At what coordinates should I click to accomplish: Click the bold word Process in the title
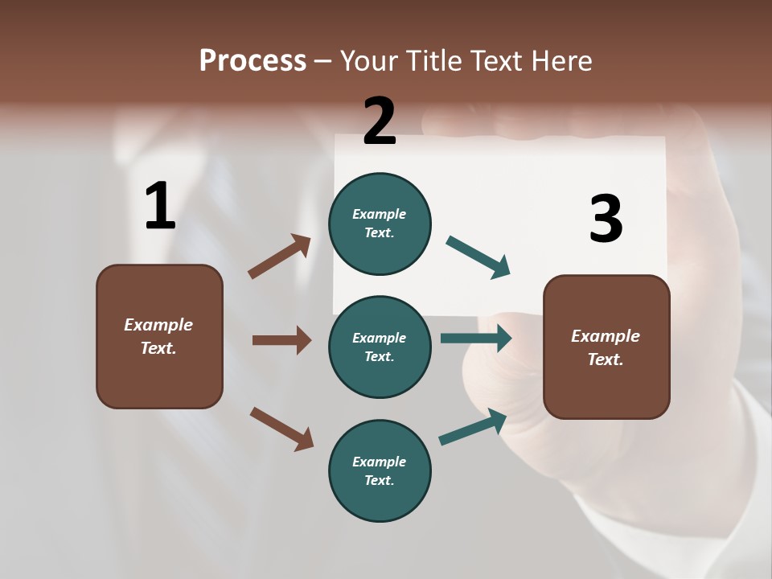[x=253, y=61]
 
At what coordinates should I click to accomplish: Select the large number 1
[x=160, y=207]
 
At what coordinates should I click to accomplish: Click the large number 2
[x=380, y=121]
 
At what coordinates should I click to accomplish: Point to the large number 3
[x=606, y=219]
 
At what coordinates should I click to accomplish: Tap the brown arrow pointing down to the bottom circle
[x=281, y=428]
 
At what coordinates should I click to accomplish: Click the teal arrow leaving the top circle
[x=478, y=257]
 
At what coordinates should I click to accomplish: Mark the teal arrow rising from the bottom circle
[x=473, y=427]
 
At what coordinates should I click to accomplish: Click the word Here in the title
[x=561, y=61]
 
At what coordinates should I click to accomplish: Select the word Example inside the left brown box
[x=158, y=325]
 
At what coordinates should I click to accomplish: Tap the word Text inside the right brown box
[x=605, y=359]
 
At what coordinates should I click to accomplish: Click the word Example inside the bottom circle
[x=380, y=462]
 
